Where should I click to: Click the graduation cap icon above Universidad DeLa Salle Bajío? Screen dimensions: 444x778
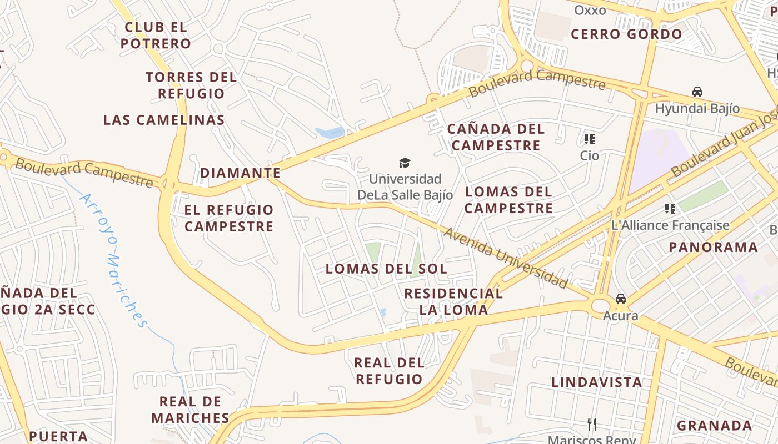coord(405,163)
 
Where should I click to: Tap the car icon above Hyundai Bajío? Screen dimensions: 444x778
coord(697,92)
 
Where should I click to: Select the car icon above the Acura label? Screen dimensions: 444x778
coord(620,300)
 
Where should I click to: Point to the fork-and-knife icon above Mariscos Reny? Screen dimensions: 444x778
coord(591,425)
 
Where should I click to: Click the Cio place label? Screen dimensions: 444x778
coord(589,155)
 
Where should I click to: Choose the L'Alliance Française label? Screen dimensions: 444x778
coord(670,225)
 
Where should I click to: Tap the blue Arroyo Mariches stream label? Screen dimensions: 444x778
coord(114,259)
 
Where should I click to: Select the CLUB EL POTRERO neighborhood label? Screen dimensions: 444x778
coord(156,35)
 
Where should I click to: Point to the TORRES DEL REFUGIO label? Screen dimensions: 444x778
coord(191,85)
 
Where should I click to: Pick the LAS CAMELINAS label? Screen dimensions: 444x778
coord(164,119)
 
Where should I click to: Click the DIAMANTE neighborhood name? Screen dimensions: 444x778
coord(240,173)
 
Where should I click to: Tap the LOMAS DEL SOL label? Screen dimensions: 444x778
coord(386,269)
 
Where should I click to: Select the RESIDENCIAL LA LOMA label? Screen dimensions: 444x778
coord(453,301)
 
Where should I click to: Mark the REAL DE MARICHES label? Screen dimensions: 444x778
coord(190,410)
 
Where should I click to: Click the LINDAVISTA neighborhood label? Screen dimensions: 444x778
coord(596,382)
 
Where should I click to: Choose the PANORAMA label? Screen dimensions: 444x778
coord(713,247)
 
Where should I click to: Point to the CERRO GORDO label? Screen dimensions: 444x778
coord(626,34)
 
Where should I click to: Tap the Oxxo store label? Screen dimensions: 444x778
coord(590,10)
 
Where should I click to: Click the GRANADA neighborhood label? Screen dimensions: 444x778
coord(714,426)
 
